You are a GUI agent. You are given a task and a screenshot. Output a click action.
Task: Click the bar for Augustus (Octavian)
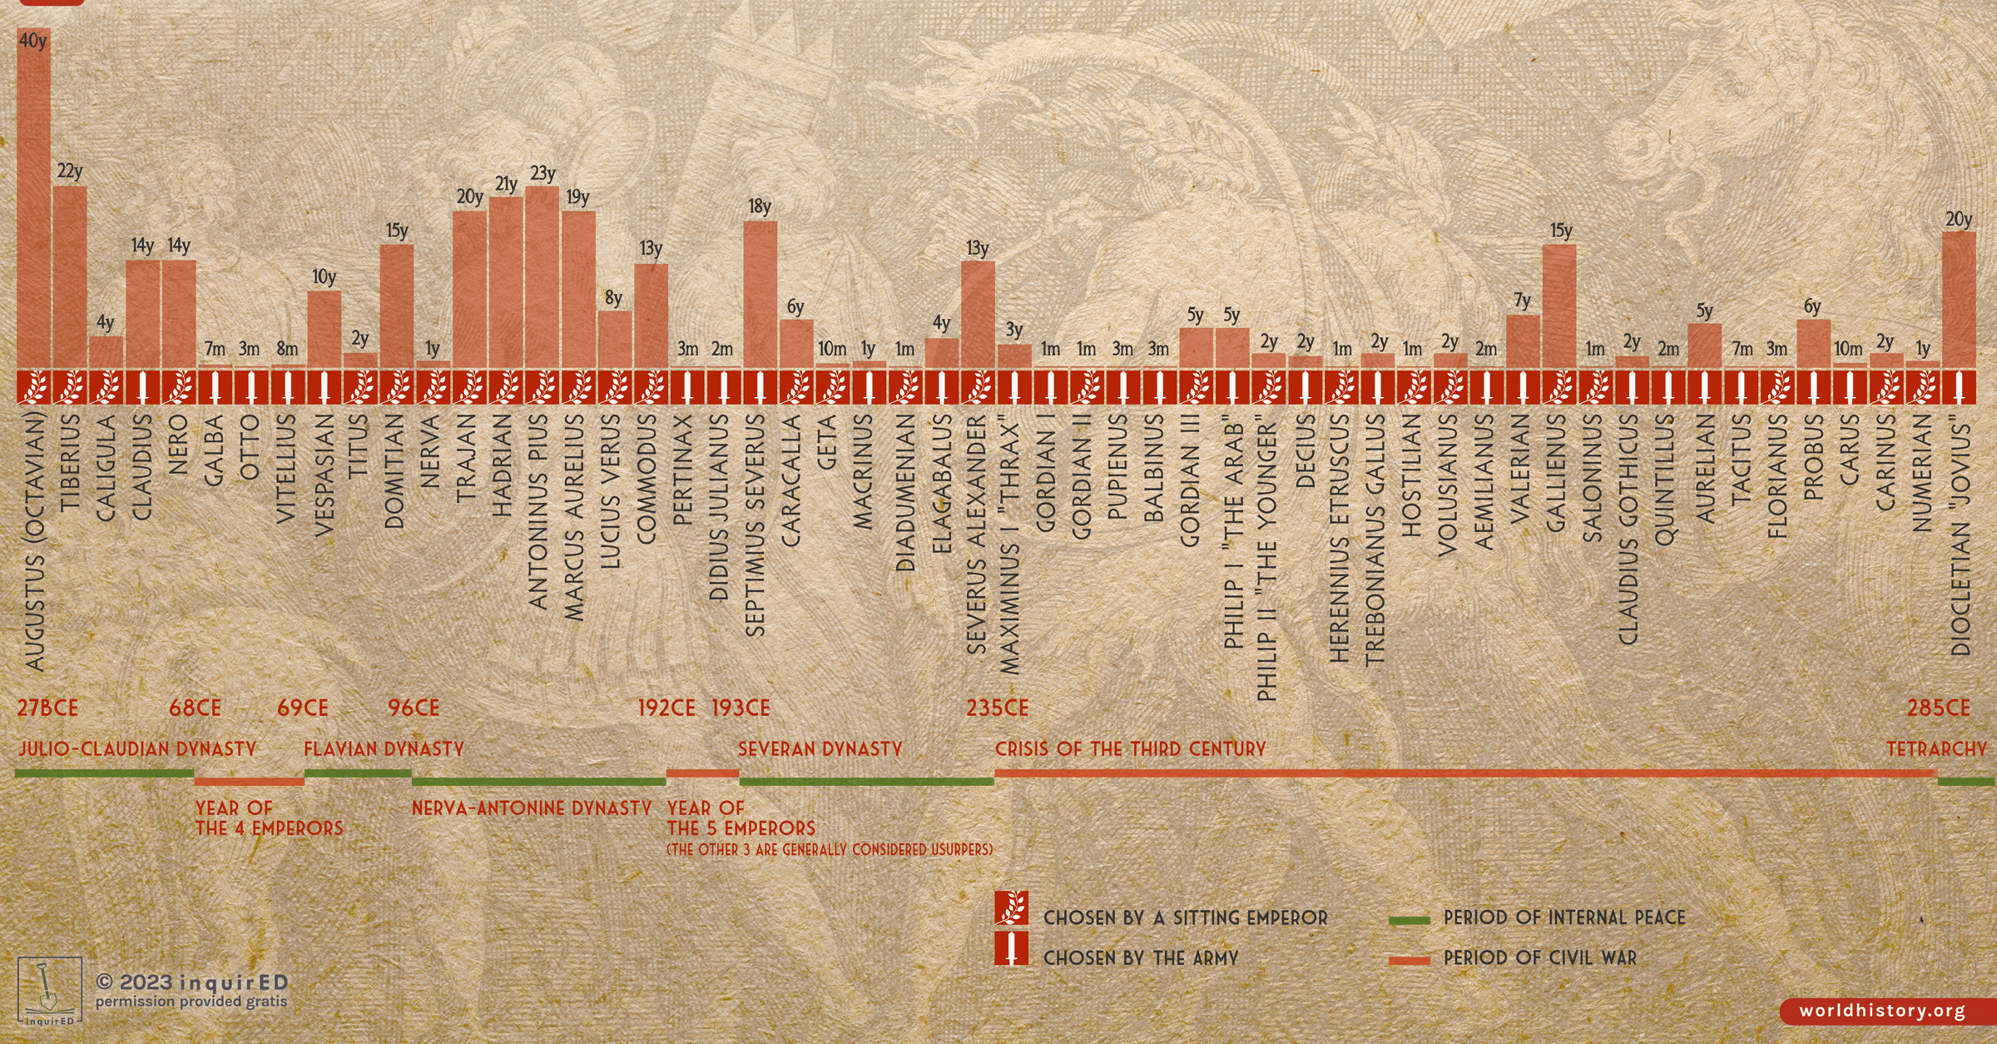[33, 200]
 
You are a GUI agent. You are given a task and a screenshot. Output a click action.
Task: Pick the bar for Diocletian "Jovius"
[1959, 300]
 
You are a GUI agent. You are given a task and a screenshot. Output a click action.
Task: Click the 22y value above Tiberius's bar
[70, 172]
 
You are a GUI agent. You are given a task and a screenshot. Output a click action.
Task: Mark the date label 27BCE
[47, 708]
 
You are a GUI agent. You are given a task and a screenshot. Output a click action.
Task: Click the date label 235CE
[997, 708]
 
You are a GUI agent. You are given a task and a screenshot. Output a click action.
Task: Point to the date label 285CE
[1939, 708]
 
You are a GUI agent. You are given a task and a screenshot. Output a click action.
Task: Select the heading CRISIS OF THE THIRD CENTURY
[1130, 749]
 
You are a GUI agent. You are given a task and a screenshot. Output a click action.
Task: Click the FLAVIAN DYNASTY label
[384, 749]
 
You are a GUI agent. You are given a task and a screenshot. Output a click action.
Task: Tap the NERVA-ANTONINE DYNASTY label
[532, 808]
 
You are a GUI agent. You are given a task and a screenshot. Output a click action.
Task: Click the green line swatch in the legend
[1409, 920]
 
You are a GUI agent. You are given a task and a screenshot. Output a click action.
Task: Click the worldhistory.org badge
[1882, 1011]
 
